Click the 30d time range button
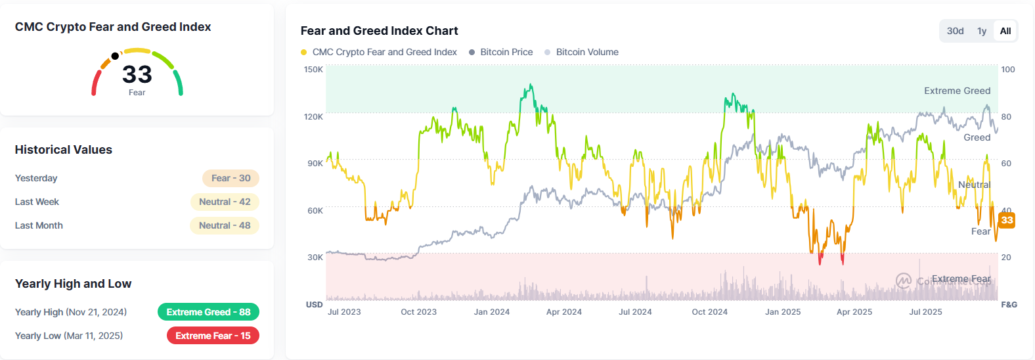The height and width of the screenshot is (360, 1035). pyautogui.click(x=955, y=31)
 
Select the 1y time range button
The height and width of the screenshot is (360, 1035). pyautogui.click(x=982, y=31)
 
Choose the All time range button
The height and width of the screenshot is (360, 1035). pyautogui.click(x=1005, y=31)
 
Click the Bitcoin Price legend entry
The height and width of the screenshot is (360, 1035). pyautogui.click(x=506, y=52)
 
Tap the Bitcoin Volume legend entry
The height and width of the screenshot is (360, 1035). pyautogui.click(x=586, y=52)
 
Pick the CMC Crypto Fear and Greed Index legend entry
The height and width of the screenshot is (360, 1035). pyautogui.click(x=384, y=52)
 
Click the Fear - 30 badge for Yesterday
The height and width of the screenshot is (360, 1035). pyautogui.click(x=231, y=178)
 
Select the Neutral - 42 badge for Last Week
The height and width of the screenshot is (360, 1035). pyautogui.click(x=225, y=202)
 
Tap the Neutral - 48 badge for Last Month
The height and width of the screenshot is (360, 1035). pyautogui.click(x=225, y=225)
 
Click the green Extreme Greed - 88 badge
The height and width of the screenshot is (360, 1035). pyautogui.click(x=208, y=312)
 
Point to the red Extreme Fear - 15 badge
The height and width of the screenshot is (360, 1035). pyautogui.click(x=213, y=336)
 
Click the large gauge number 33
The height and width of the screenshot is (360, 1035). pyautogui.click(x=137, y=74)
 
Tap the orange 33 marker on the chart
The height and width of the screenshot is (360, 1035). pyautogui.click(x=1007, y=220)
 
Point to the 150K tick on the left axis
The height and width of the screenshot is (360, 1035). pyautogui.click(x=313, y=70)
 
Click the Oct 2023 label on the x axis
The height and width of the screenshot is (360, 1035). pyautogui.click(x=418, y=312)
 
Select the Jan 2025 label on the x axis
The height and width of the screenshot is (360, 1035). pyautogui.click(x=782, y=312)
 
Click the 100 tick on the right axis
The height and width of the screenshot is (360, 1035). pyautogui.click(x=1007, y=70)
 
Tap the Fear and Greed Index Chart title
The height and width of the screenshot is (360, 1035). pyautogui.click(x=379, y=31)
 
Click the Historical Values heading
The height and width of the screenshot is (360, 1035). pyautogui.click(x=64, y=150)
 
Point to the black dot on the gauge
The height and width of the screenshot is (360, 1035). pyautogui.click(x=115, y=56)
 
